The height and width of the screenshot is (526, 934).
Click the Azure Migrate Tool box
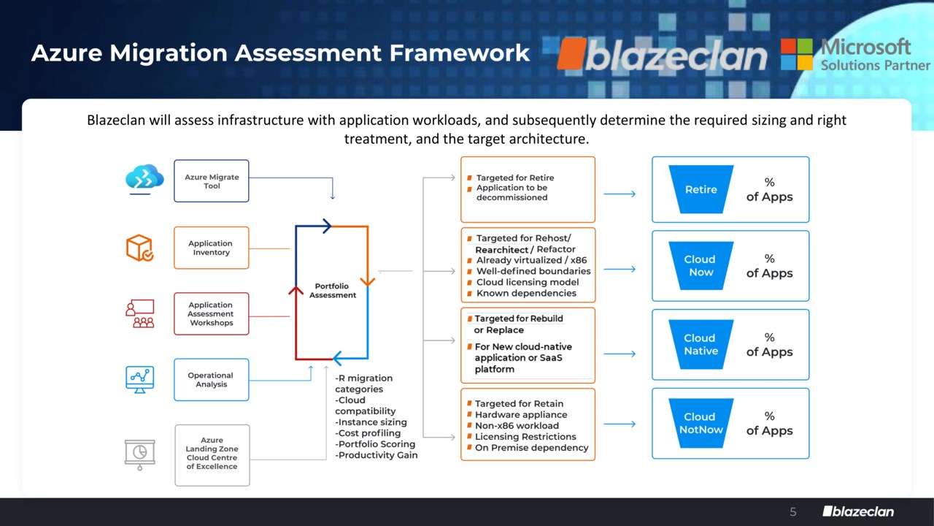point(212,181)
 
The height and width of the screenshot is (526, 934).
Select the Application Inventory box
point(212,248)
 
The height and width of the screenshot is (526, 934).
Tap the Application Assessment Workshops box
point(212,314)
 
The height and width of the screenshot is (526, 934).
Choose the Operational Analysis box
point(212,380)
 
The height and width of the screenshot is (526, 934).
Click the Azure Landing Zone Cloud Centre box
point(212,454)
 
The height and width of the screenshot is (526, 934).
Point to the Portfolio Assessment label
point(332,291)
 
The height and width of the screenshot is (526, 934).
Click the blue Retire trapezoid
point(701,189)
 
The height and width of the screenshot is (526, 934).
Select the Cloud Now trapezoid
point(700,266)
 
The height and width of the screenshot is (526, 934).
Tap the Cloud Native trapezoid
point(700,345)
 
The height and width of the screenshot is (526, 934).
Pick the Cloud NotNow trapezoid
point(700,424)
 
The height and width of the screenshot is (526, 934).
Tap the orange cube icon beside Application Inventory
point(139,248)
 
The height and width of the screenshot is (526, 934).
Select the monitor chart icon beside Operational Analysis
point(139,379)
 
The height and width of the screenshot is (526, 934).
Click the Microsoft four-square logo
point(797,54)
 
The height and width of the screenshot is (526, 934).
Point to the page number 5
point(793,512)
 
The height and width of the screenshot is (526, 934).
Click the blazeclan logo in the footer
point(858,511)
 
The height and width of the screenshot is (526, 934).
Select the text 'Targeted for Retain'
point(519,404)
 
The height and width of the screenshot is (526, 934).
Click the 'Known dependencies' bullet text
point(526,294)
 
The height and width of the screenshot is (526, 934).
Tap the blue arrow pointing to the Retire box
point(620,194)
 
